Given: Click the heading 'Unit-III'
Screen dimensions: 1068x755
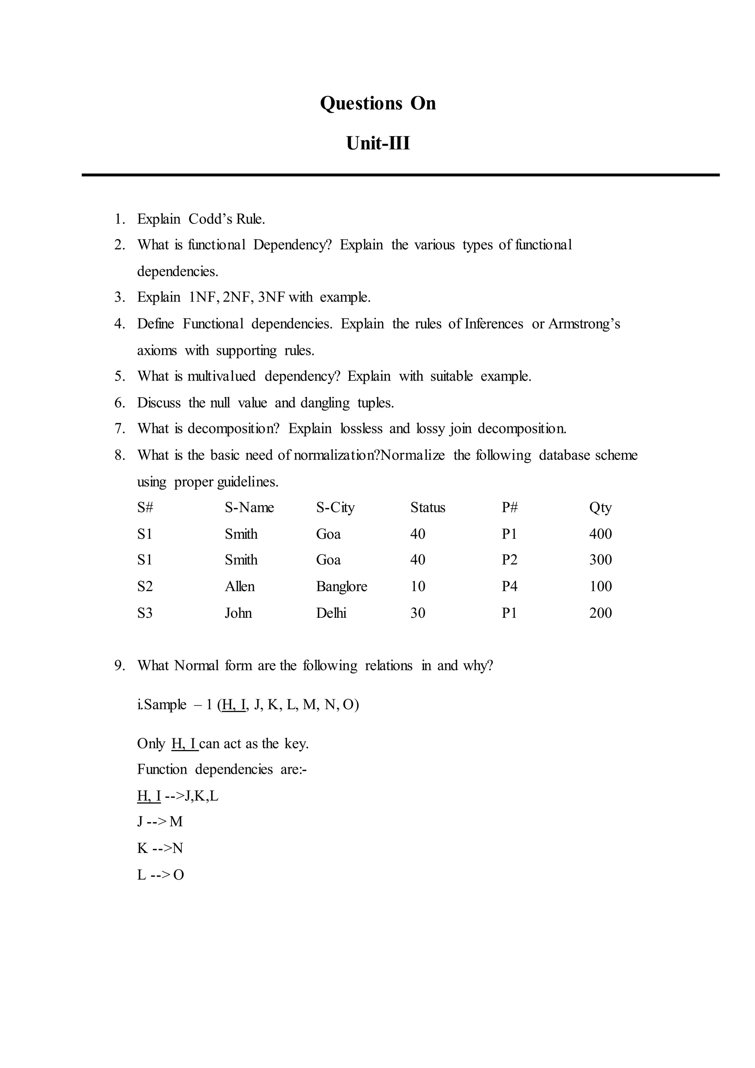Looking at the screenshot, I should [377, 143].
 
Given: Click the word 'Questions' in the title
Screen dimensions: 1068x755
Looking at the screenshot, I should [361, 103].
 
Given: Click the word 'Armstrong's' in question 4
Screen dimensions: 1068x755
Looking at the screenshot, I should [584, 324].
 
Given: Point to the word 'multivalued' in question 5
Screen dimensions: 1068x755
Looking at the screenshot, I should [221, 376].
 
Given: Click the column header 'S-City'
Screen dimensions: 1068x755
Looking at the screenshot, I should [335, 507].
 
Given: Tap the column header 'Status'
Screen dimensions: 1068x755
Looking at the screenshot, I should [427, 507].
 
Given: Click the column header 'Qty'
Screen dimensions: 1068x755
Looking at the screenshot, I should [600, 507].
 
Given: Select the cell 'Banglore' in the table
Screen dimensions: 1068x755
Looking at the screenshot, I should [341, 587].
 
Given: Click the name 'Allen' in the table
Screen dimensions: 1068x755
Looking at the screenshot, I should [239, 587].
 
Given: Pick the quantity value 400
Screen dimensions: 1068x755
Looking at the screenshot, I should [600, 534].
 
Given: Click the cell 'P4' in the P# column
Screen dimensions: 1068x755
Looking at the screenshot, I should [509, 587].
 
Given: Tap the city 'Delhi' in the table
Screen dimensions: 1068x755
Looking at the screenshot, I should [331, 613].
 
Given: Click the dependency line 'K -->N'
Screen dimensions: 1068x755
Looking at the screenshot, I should [160, 849].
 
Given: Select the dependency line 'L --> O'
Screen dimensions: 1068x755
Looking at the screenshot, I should [160, 875].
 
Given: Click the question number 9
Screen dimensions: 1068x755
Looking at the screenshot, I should [119, 666].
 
